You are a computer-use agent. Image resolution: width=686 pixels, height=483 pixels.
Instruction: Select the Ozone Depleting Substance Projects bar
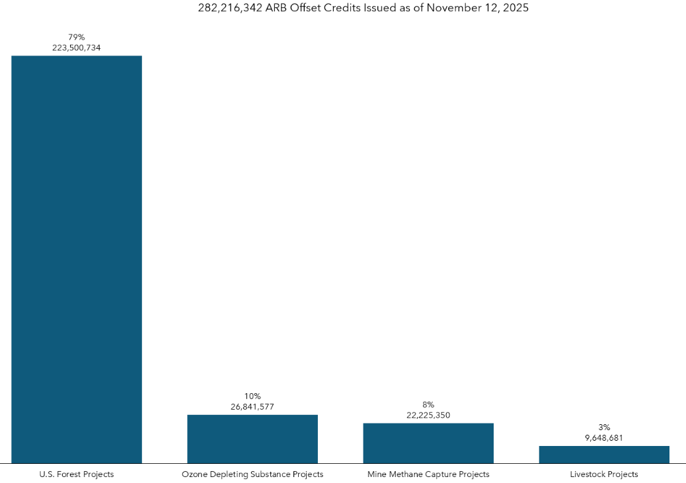[252, 439]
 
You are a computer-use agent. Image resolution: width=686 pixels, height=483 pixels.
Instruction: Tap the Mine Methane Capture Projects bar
[428, 443]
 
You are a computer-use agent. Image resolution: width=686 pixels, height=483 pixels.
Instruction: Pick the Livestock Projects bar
[604, 455]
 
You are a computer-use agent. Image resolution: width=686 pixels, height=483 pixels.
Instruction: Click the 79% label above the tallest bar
[77, 37]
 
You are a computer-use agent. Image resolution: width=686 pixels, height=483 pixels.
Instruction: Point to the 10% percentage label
[252, 396]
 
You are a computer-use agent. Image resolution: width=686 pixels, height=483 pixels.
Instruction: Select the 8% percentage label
[428, 404]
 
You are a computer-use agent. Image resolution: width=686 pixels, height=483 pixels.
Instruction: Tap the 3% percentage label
[604, 427]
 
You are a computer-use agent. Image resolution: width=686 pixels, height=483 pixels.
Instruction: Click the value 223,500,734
[77, 48]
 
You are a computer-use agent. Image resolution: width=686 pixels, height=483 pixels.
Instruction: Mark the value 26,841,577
[252, 406]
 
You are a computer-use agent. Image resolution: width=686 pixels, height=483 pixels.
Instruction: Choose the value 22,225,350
[428, 415]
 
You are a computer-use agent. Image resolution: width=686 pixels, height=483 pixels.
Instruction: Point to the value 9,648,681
[604, 437]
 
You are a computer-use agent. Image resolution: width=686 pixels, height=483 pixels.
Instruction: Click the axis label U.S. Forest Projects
[77, 474]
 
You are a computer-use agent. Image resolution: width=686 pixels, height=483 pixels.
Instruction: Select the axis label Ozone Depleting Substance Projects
[252, 474]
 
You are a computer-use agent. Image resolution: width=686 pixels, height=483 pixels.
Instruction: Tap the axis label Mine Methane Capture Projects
[428, 474]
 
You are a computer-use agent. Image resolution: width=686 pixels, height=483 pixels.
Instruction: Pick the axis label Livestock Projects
[604, 474]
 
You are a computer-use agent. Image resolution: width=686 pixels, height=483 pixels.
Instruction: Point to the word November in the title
[447, 9]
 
